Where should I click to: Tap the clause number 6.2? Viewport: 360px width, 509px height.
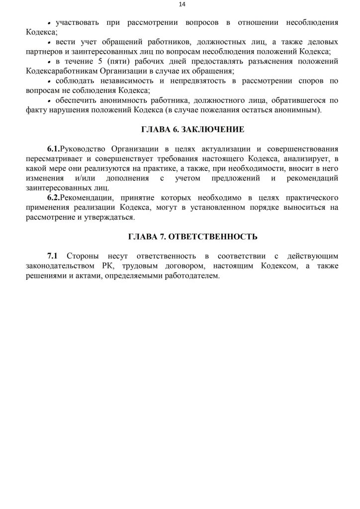click(53, 197)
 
